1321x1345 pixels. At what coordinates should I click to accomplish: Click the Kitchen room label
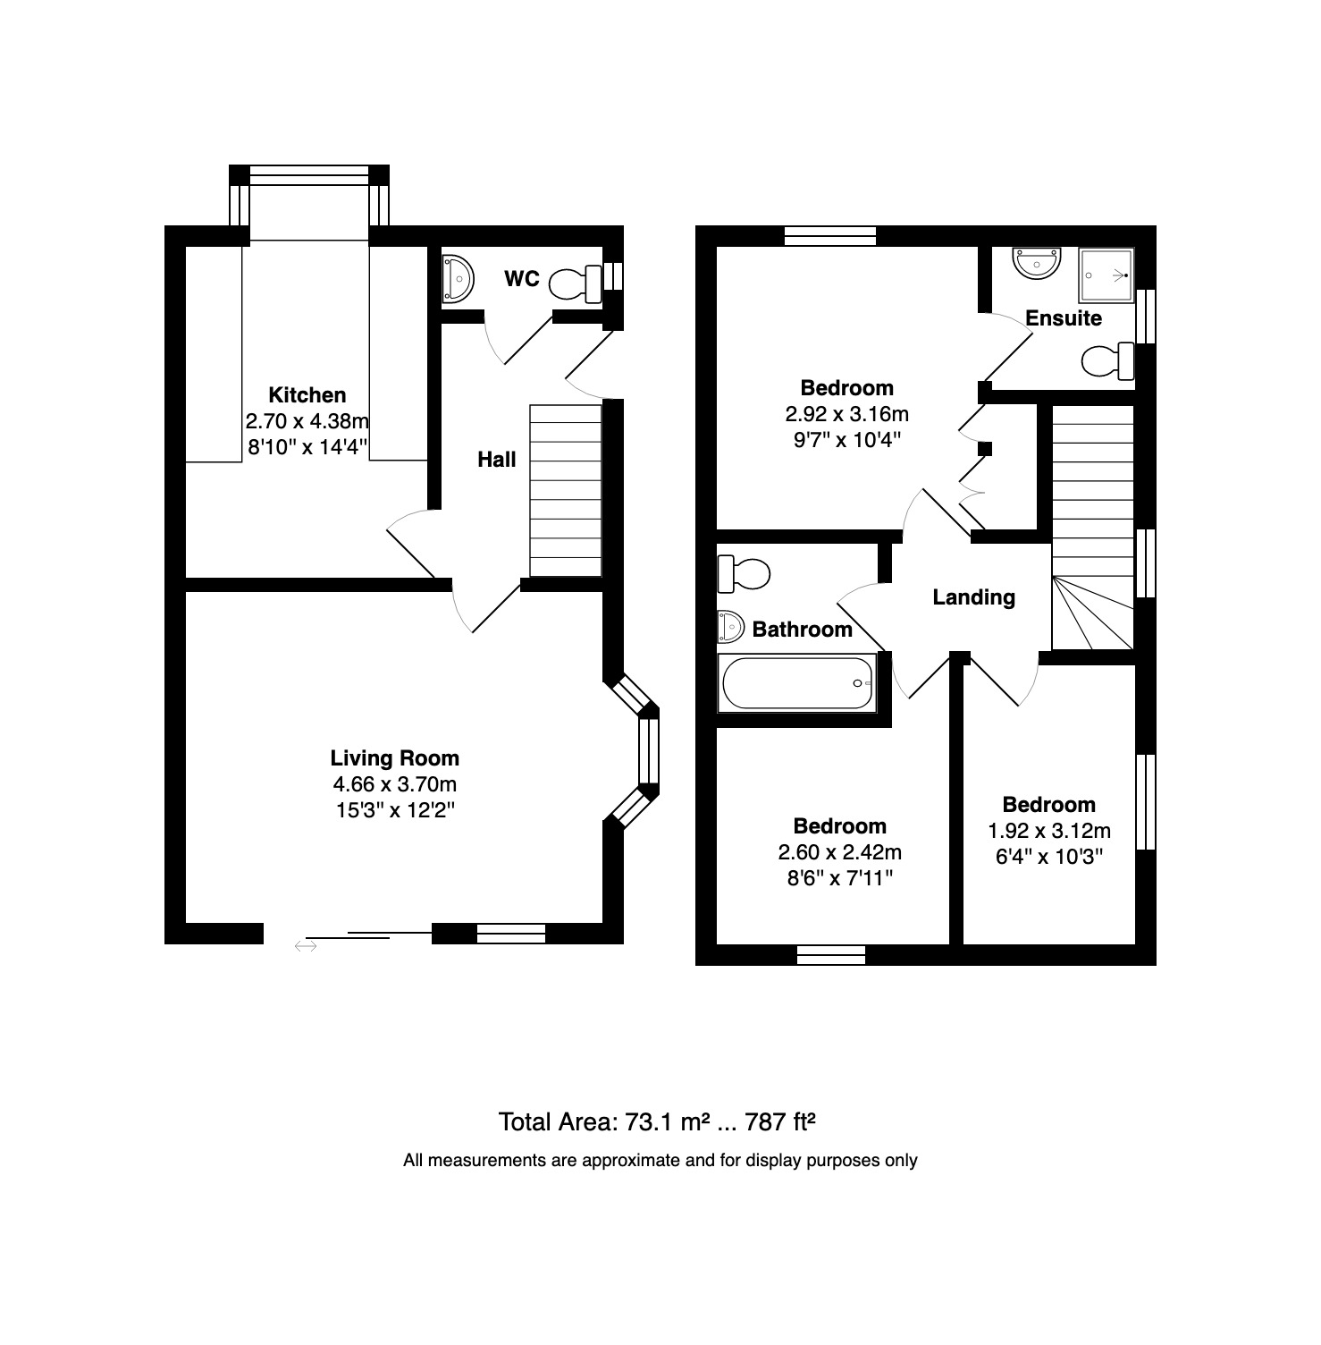(x=307, y=394)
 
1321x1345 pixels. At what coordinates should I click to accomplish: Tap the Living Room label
(x=395, y=758)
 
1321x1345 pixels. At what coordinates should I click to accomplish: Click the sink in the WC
(x=457, y=279)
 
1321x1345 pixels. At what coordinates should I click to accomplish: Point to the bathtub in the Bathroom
(x=797, y=684)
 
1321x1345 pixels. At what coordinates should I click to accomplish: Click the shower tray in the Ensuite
(x=1106, y=275)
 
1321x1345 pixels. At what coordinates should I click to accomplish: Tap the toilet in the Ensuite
(x=1108, y=361)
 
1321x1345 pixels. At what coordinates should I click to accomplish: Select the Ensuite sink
(x=1036, y=263)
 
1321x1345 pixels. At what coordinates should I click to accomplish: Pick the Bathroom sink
(x=730, y=626)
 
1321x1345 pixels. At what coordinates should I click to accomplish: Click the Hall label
(x=497, y=460)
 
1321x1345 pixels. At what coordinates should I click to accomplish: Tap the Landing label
(x=974, y=597)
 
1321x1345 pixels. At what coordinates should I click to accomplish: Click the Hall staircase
(x=566, y=490)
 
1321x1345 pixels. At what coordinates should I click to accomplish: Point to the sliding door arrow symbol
(x=306, y=944)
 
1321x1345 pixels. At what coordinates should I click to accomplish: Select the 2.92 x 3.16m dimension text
(x=847, y=414)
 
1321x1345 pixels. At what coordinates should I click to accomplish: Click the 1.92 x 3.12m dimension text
(x=1049, y=831)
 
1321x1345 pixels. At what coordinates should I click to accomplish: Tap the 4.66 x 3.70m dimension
(x=395, y=784)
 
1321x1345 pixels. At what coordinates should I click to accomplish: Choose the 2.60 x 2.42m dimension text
(x=840, y=852)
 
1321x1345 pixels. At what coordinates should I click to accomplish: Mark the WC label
(x=522, y=279)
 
